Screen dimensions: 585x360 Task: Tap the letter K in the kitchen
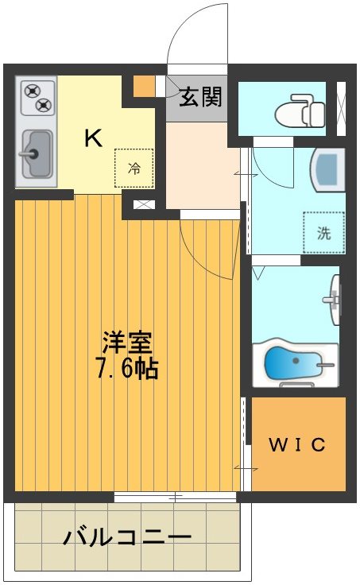(x=93, y=138)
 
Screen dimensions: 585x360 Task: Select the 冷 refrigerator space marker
(x=134, y=168)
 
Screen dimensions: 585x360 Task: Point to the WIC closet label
(x=297, y=445)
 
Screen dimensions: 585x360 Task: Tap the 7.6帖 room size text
(x=126, y=369)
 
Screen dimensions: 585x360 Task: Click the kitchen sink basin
(x=35, y=153)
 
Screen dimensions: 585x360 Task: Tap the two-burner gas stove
(x=36, y=99)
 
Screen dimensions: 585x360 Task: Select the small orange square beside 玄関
(x=144, y=84)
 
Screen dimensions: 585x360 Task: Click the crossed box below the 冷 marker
(x=143, y=204)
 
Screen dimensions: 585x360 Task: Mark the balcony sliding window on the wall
(x=175, y=498)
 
